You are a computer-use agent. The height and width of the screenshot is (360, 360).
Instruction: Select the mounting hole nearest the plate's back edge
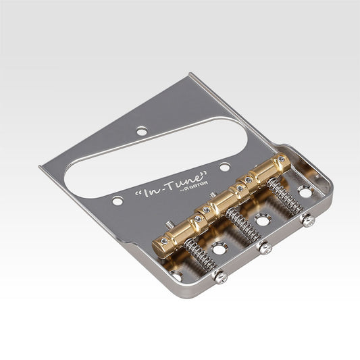[141, 131]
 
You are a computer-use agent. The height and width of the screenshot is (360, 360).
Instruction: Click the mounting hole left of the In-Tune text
[118, 201]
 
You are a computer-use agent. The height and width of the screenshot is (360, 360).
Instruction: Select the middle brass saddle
[226, 197]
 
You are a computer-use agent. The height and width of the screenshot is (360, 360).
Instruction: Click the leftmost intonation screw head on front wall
[219, 276]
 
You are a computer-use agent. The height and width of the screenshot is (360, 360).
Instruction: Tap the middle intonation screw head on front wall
[267, 248]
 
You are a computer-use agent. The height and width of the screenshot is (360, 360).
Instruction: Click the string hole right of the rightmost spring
[305, 193]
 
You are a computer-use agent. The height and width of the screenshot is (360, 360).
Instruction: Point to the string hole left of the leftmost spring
[177, 275]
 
